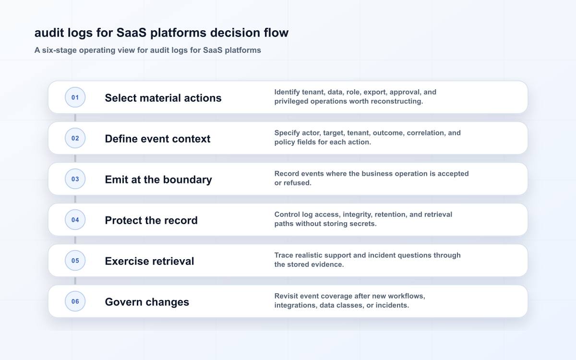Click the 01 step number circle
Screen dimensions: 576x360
pos(75,97)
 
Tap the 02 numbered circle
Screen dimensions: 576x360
pos(75,138)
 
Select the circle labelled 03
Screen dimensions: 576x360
pos(75,179)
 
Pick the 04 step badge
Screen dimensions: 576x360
pos(75,220)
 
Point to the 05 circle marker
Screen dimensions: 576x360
pos(75,261)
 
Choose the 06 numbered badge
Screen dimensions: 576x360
pos(75,301)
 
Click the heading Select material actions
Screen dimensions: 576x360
pos(163,98)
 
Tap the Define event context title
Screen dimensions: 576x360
pos(157,139)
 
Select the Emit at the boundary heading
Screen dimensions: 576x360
pos(158,180)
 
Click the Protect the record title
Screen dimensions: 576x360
pos(151,220)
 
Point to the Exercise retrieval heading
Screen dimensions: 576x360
pos(149,261)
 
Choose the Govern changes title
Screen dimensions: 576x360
pos(147,302)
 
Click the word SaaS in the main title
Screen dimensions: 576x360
pos(132,33)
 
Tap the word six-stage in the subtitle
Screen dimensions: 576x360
pos(60,50)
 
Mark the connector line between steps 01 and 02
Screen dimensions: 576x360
pos(75,118)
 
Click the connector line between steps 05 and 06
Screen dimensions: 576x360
pos(75,281)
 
